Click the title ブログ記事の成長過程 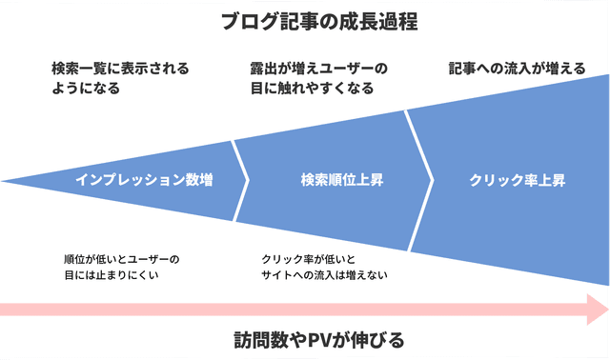(x=304, y=20)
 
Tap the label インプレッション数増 (x=144, y=179)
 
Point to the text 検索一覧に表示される (x=120, y=69)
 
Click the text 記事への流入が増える (x=516, y=69)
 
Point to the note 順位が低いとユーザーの (x=121, y=258)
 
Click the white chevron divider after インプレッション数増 (x=240, y=179)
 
